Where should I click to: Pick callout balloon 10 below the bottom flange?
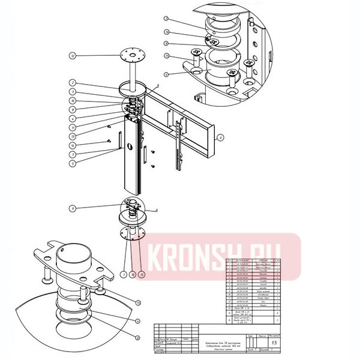click(133, 274)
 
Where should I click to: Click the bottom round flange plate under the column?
click(133, 233)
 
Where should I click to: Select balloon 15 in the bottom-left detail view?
click(137, 302)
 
